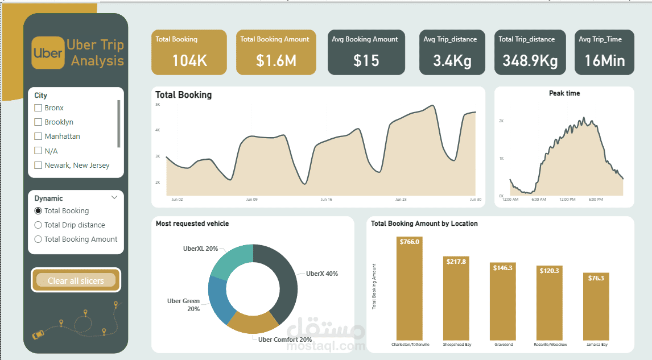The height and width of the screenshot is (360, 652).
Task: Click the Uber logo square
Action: pos(48,53)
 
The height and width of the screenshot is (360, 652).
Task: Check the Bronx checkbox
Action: pos(38,107)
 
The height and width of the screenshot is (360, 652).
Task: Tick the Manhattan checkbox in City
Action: pos(38,136)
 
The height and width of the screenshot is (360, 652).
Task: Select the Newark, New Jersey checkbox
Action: pos(38,165)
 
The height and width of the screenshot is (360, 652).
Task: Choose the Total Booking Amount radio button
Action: pos(38,239)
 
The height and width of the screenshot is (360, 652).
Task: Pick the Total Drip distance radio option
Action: pos(38,225)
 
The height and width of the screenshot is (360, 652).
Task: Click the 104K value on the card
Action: pos(190,60)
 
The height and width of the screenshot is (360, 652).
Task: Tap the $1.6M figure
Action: pos(276,60)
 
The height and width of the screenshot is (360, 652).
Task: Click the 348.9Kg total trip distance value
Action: pos(530,60)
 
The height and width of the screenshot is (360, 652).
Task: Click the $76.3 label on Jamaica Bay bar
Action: pos(596,278)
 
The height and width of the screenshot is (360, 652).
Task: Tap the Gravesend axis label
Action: pos(504,345)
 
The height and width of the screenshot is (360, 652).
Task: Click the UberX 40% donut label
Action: pos(322,274)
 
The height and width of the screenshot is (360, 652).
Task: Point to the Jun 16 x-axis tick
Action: pos(326,200)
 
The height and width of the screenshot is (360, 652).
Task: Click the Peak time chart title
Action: pos(564,93)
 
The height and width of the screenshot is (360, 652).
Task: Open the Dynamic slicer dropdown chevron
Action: pos(114,198)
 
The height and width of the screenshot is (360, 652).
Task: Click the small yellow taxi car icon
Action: pos(38,335)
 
